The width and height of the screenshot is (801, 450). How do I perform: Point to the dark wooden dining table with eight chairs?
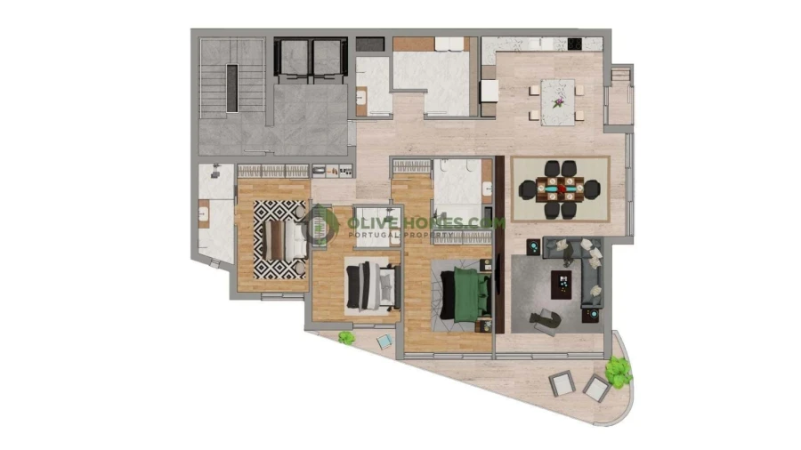[561, 188]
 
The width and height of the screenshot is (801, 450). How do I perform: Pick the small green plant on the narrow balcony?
[345, 337]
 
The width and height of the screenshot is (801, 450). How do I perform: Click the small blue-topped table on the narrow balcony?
[384, 341]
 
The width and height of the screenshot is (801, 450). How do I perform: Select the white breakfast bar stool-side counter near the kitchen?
[489, 92]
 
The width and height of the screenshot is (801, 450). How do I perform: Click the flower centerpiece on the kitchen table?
[558, 100]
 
